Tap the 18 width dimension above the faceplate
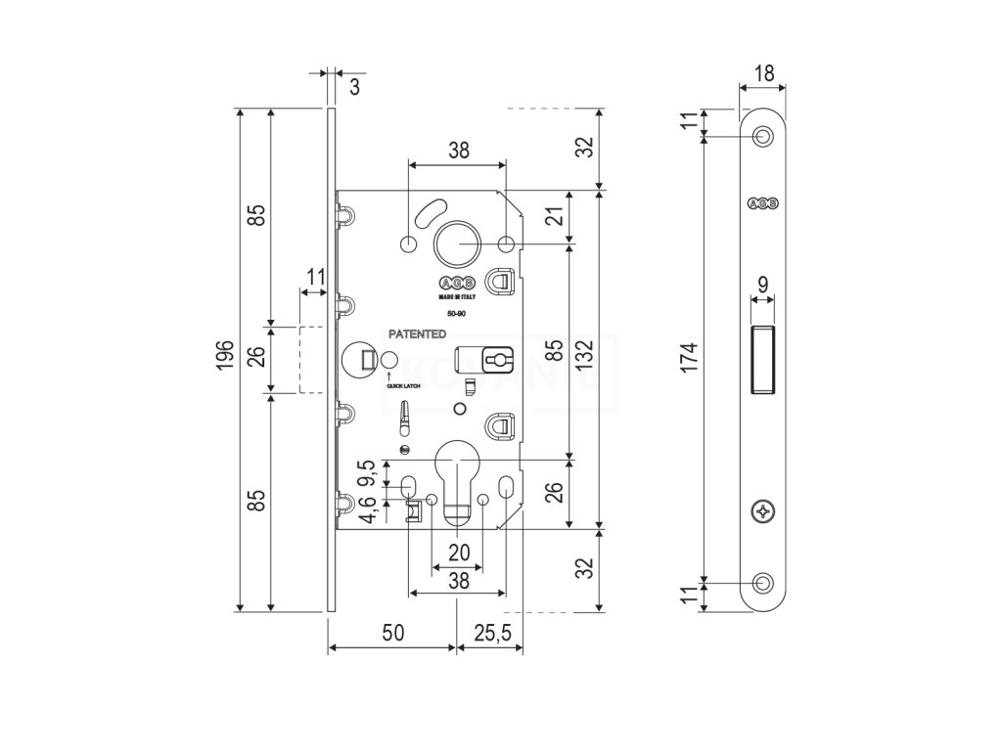tap(764, 71)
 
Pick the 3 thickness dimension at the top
tap(354, 86)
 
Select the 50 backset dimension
tap(391, 634)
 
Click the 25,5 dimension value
tap(491, 634)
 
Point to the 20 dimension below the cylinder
tap(458, 552)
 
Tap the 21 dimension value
tap(554, 217)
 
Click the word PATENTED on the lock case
tap(417, 333)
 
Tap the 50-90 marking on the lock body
tap(456, 314)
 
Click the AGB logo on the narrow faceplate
tap(763, 203)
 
